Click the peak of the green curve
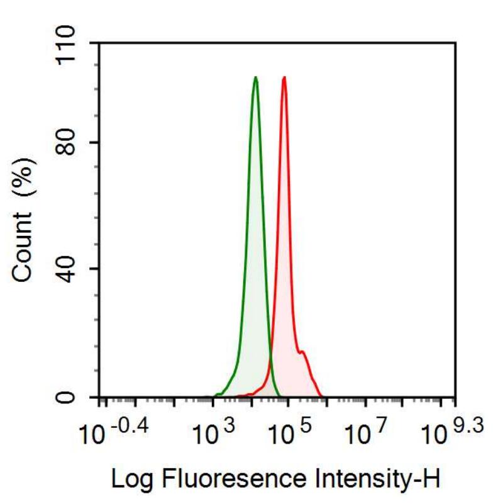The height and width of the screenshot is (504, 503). [255, 77]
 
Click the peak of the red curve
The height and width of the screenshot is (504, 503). [284, 77]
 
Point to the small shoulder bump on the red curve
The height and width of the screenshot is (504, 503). [302, 352]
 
